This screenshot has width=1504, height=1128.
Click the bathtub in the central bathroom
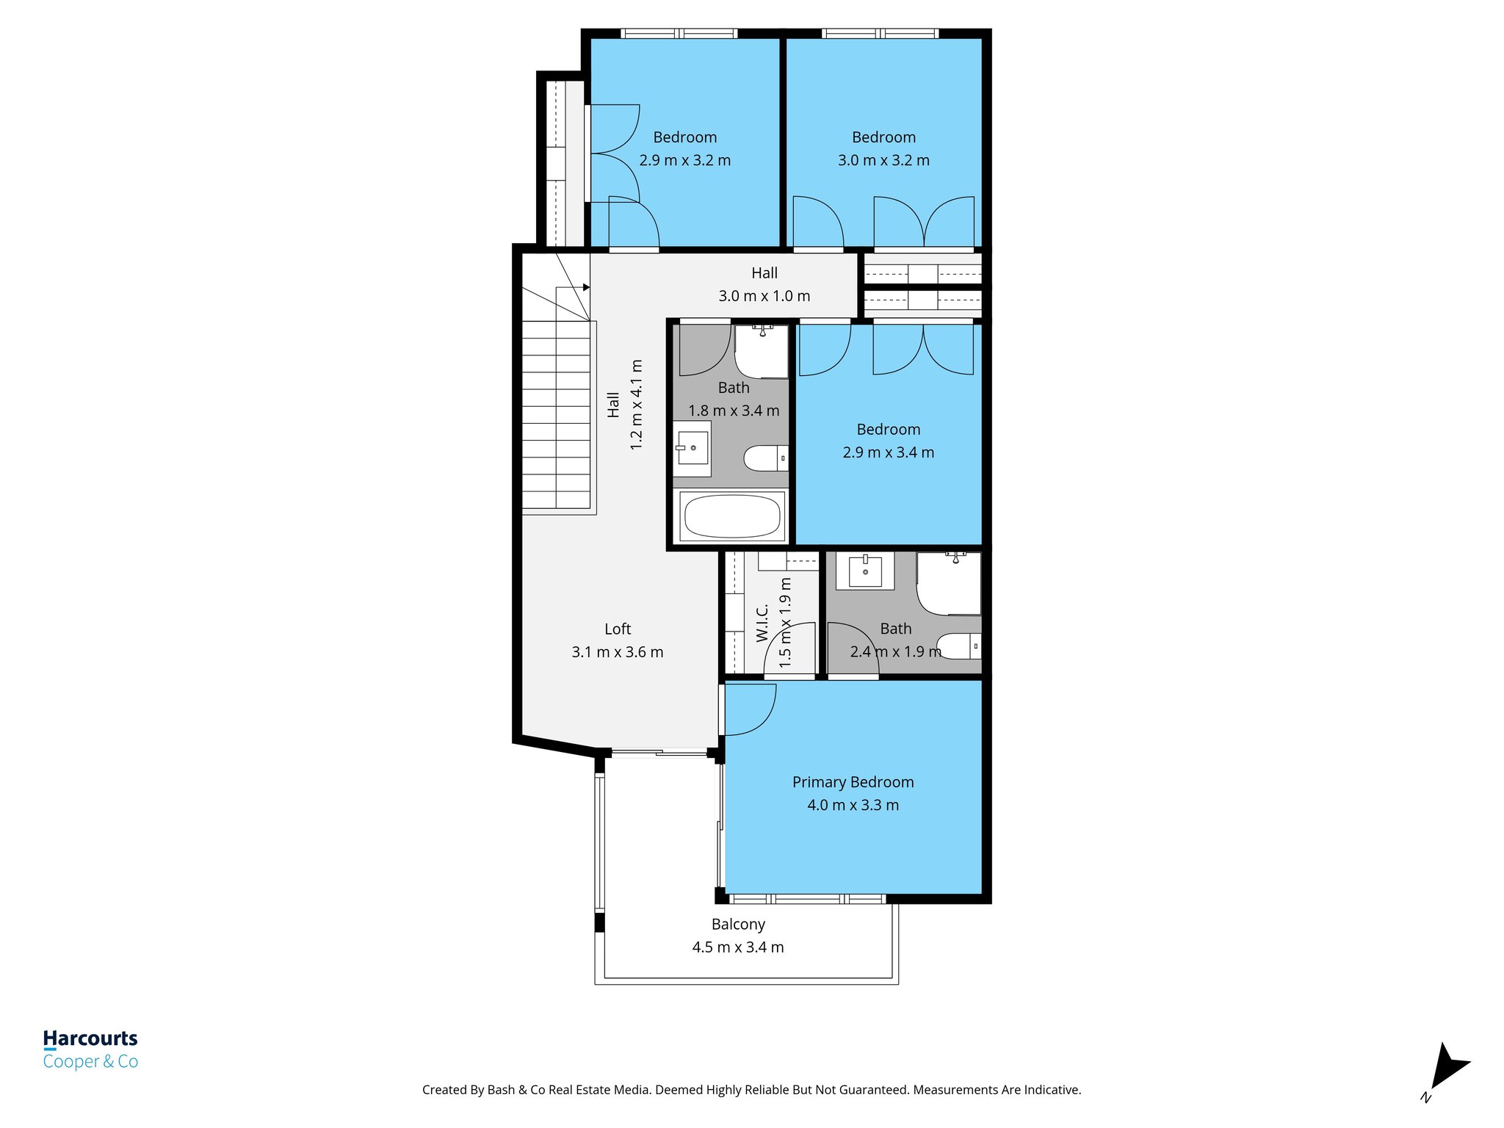[x=732, y=516]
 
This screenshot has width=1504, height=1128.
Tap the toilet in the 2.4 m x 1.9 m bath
[x=958, y=646]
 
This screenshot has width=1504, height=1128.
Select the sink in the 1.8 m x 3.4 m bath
[x=692, y=448]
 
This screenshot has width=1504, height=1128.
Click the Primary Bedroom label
[x=853, y=782]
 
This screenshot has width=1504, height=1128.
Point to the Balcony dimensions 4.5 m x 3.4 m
[x=737, y=947]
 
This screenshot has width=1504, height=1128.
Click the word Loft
[x=618, y=629]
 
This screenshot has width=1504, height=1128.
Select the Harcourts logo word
[x=90, y=1038]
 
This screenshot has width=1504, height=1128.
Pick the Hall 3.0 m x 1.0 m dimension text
[x=764, y=296]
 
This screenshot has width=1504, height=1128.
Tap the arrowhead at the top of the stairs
[x=586, y=287]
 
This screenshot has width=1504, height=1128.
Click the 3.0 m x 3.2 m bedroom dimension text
[x=883, y=160]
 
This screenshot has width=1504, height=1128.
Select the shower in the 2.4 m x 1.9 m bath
[x=949, y=584]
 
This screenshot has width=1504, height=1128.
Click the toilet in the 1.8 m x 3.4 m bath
[x=764, y=458]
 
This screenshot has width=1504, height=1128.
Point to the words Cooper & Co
[x=90, y=1062]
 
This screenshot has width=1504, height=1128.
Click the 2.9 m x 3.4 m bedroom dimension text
[x=888, y=452]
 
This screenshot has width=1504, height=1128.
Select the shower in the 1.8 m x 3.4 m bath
[x=762, y=352]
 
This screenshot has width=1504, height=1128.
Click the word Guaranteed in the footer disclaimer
[x=871, y=1090]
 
